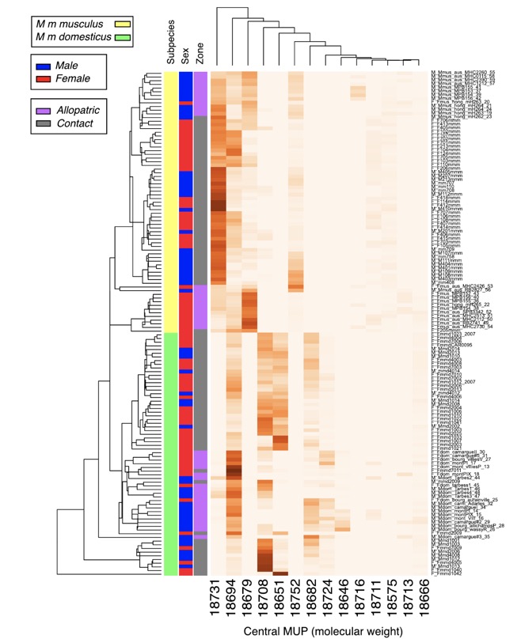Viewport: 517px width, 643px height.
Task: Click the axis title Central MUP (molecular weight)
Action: tap(314, 630)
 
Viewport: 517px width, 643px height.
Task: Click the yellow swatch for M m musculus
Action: tap(122, 25)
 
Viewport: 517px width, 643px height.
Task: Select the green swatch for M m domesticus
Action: tap(122, 37)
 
